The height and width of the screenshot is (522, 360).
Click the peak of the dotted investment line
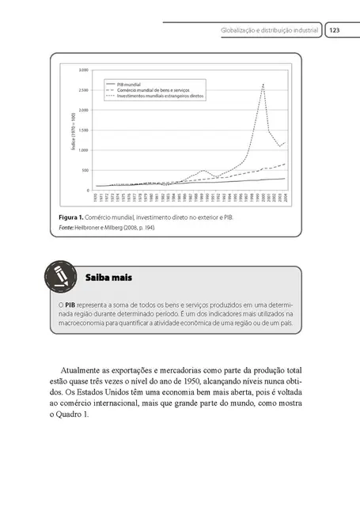[x=263, y=84]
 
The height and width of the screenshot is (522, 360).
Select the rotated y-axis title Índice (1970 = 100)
[x=73, y=130]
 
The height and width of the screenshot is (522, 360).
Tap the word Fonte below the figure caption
[x=67, y=228]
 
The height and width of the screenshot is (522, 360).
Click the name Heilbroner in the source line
[x=94, y=228]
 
